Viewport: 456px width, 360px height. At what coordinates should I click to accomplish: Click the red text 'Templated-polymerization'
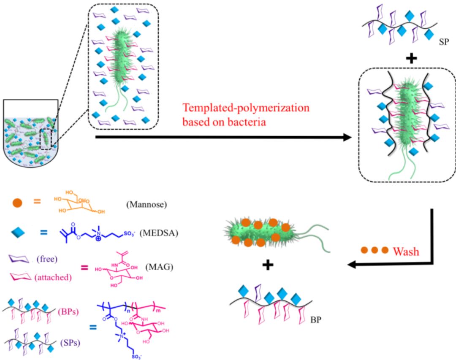click(246, 108)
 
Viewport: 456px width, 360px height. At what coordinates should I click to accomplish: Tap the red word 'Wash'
click(406, 252)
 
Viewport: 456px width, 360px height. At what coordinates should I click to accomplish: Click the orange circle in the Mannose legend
click(18, 201)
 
